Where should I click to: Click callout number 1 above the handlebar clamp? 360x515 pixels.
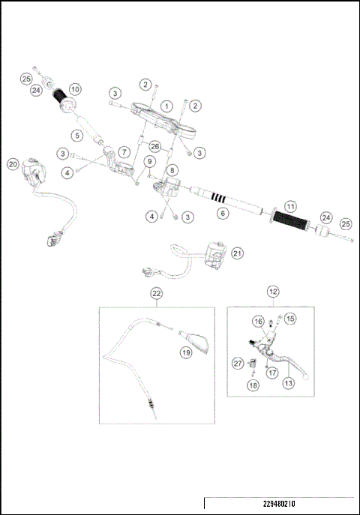pos(166,106)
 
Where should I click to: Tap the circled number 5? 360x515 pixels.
pos(77,136)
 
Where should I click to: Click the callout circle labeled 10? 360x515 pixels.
pos(75,89)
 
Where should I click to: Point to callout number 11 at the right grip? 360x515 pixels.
pos(291,205)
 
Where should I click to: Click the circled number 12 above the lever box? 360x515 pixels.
pos(274,290)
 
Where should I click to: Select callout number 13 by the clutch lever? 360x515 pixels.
pos(288,381)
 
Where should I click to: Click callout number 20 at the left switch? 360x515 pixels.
pos(13,164)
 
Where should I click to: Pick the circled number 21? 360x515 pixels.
pos(237,253)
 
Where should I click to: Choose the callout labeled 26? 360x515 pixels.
pos(154,145)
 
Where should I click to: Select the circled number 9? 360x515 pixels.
pos(150,160)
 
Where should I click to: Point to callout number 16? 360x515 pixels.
pos(258,322)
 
